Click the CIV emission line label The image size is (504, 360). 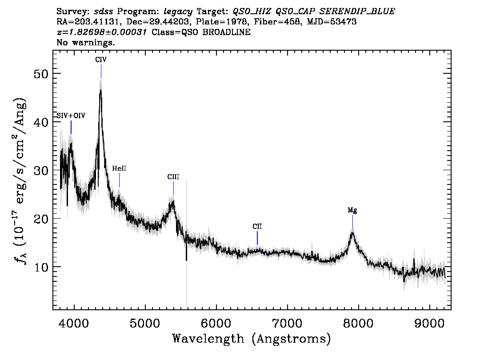pos(101,60)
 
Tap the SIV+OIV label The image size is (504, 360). pos(71,116)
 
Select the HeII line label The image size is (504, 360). pos(119,168)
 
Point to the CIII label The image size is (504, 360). pos(173,177)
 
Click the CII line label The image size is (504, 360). pos(257,227)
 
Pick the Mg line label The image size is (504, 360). pos(352,210)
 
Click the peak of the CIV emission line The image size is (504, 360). pos(100,90)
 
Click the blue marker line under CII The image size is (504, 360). pos(257,238)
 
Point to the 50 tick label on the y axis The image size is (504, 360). pos(41,74)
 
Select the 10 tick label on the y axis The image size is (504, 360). pos(41,267)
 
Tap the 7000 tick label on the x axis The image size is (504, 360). pos(287,323)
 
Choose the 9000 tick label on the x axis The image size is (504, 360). pos(429,323)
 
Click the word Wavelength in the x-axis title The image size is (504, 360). pos(208,339)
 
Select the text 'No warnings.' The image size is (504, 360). pos(85,42)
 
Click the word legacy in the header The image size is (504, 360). pos(178,12)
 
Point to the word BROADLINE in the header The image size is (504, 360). pos(226,32)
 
